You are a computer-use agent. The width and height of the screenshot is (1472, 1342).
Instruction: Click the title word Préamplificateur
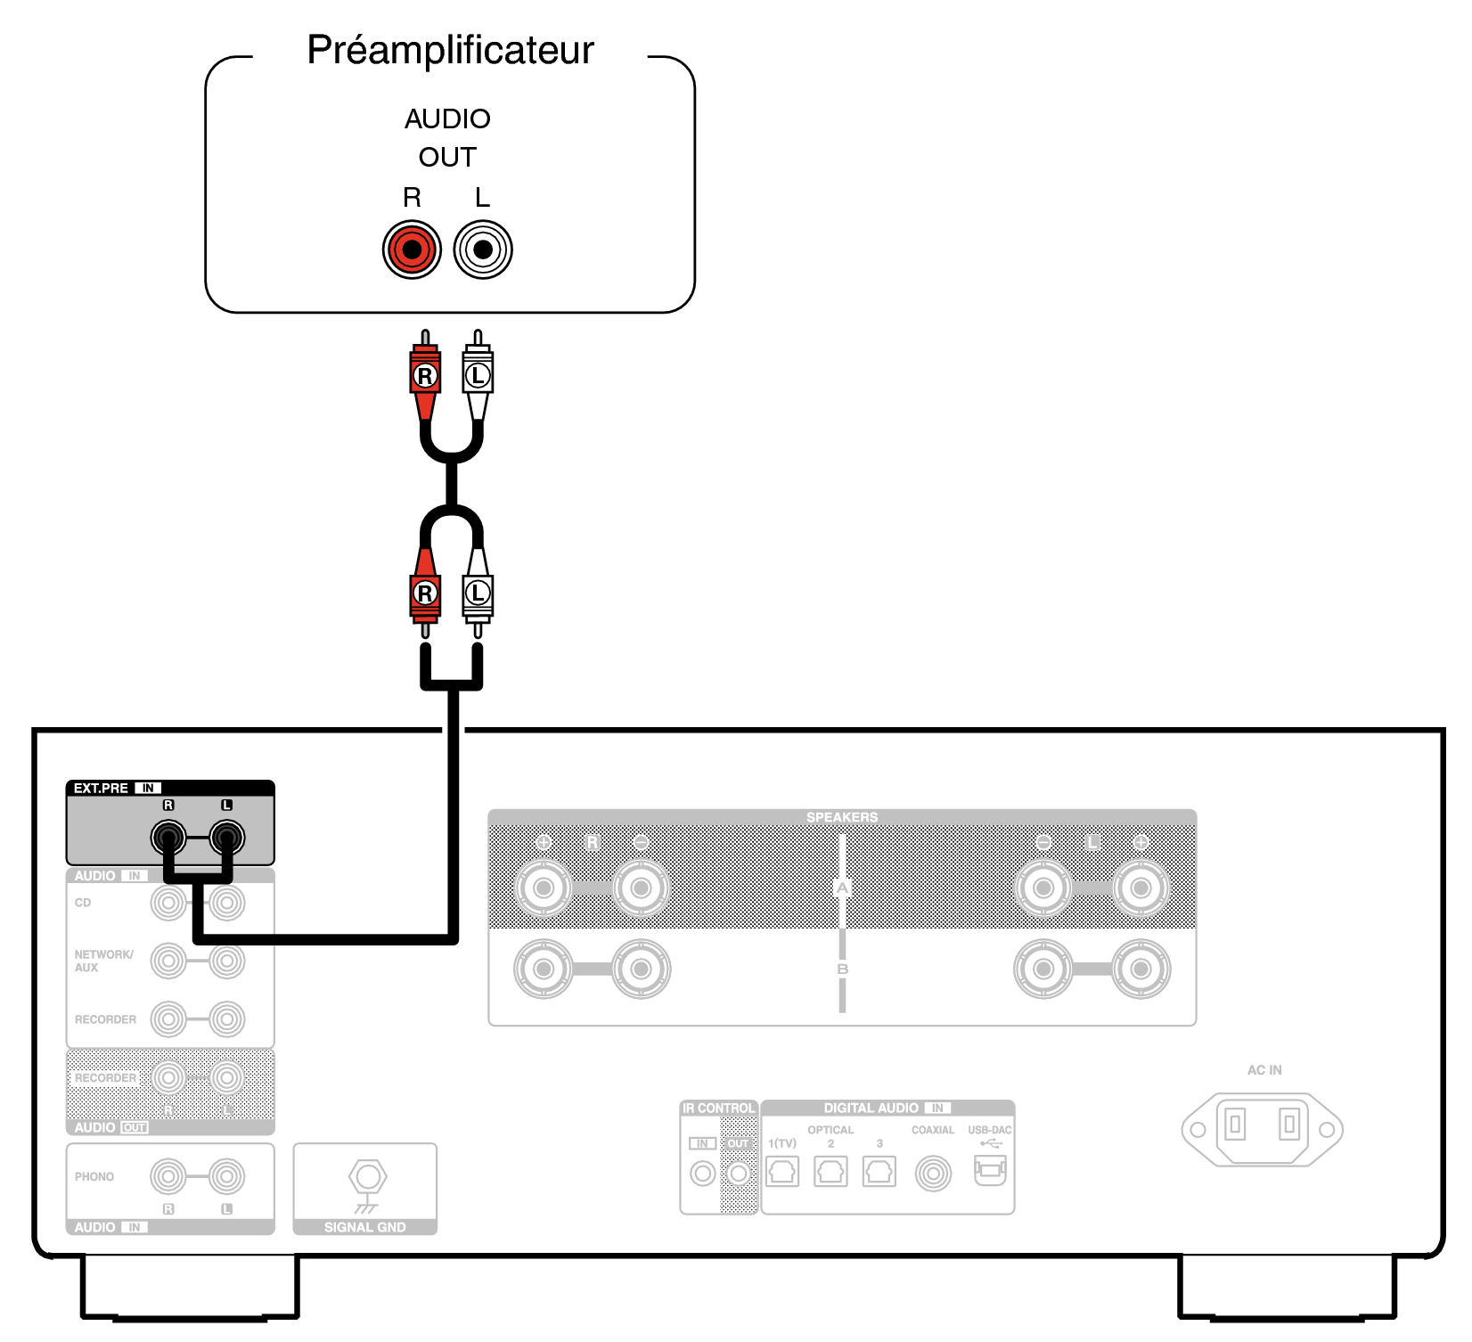tap(450, 50)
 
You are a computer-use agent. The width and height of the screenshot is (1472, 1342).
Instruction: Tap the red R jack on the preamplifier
tap(412, 250)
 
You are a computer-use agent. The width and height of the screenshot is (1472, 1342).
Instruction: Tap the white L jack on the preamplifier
tap(483, 250)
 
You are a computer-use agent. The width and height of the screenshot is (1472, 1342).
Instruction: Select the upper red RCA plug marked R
tap(425, 375)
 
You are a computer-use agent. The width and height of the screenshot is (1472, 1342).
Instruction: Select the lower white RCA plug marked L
tap(478, 593)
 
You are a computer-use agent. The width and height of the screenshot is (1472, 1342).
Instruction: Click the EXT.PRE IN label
tap(116, 789)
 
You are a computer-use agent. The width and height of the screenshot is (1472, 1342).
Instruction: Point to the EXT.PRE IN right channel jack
tap(168, 838)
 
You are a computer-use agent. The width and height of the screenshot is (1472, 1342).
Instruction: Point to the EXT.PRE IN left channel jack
tap(226, 838)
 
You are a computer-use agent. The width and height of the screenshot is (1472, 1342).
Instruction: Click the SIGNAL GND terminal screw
tap(367, 1177)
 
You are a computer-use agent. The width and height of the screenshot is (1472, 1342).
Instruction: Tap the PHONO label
tap(94, 1176)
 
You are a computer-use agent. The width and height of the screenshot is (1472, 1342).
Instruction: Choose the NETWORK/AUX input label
tap(103, 961)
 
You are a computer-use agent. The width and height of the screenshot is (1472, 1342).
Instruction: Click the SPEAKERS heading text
tap(841, 817)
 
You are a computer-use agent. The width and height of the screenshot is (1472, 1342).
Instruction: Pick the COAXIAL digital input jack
tap(933, 1173)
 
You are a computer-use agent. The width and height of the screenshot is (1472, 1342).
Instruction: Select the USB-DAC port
tap(989, 1169)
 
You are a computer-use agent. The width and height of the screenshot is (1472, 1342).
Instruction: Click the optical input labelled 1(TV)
tap(781, 1171)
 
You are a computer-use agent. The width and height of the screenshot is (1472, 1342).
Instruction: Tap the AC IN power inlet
tap(1262, 1129)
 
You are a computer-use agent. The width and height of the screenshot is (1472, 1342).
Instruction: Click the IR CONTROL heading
tap(718, 1109)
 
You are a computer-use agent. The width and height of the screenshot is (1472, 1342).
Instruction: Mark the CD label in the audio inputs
tap(83, 903)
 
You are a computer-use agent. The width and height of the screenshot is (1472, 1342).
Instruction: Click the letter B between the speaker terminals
tap(842, 969)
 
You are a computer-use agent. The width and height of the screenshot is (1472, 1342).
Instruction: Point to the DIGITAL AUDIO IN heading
tap(887, 1108)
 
